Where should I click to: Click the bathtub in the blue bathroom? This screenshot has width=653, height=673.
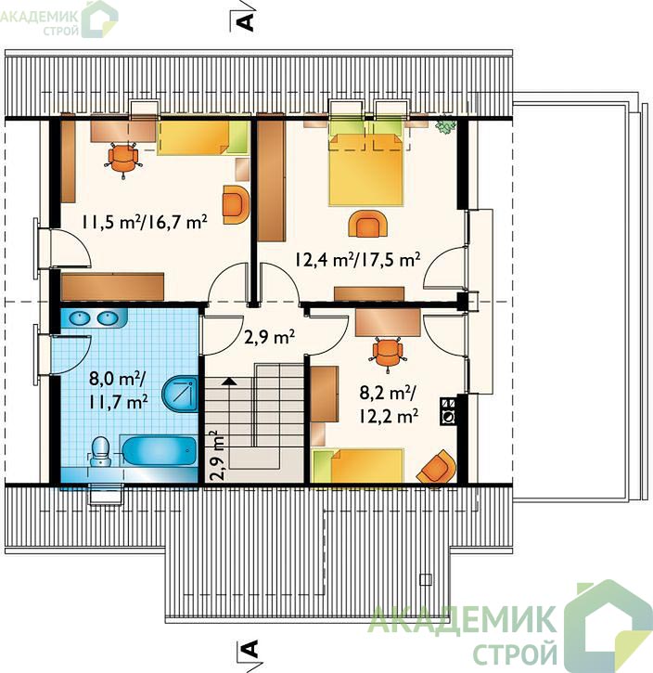pyautogui.click(x=160, y=450)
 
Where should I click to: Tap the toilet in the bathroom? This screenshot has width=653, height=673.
pyautogui.click(x=101, y=451)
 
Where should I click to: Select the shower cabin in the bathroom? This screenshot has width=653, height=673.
pyautogui.click(x=180, y=394)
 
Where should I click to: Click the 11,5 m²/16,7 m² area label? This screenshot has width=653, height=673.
pyautogui.click(x=145, y=222)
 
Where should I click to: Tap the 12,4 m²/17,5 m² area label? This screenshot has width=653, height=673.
pyautogui.click(x=357, y=259)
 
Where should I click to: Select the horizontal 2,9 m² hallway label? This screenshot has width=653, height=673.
pyautogui.click(x=269, y=336)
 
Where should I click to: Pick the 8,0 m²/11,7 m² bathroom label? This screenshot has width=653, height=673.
pyautogui.click(x=119, y=391)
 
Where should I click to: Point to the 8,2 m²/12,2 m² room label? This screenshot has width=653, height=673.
pyautogui.click(x=389, y=405)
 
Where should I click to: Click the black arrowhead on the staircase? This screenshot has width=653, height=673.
pyautogui.click(x=229, y=381)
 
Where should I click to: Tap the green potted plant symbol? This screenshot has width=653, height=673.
pyautogui.click(x=445, y=125)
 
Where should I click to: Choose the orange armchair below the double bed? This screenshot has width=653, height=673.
pyautogui.click(x=368, y=223)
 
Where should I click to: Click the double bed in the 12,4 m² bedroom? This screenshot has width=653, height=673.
pyautogui.click(x=366, y=169)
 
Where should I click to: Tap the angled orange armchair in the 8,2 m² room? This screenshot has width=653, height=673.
pyautogui.click(x=437, y=468)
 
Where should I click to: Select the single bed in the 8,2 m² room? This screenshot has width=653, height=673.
pyautogui.click(x=358, y=466)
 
